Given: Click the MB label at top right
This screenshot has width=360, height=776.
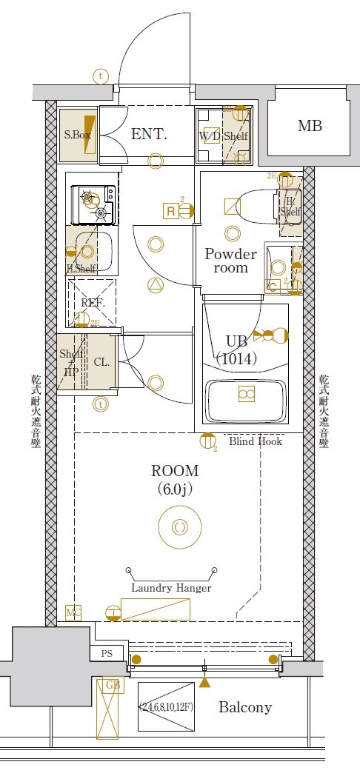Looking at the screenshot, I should click(x=310, y=126).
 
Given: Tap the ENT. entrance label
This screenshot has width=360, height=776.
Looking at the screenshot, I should click(x=149, y=134).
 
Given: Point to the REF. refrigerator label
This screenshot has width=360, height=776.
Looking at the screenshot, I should click(x=93, y=303).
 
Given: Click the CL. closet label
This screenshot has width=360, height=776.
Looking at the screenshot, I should click(x=102, y=362).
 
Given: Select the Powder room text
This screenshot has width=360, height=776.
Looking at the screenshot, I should click(x=230, y=261).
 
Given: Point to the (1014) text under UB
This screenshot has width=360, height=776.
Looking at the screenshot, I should click(x=236, y=359).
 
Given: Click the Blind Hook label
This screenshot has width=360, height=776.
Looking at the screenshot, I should click(x=256, y=441).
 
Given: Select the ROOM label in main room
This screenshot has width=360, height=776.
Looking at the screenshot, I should click(x=175, y=470).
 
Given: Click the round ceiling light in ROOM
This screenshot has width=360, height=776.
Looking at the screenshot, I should click(x=179, y=527).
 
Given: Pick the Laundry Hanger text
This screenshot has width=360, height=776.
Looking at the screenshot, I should click(x=171, y=588).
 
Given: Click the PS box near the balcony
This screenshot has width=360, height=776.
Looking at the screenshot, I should click(x=107, y=654).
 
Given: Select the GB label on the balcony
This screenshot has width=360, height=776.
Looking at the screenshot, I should click(x=113, y=686).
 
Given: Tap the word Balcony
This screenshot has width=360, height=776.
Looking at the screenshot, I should click(x=245, y=707).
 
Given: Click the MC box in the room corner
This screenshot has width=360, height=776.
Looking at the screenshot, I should click(x=73, y=612).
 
